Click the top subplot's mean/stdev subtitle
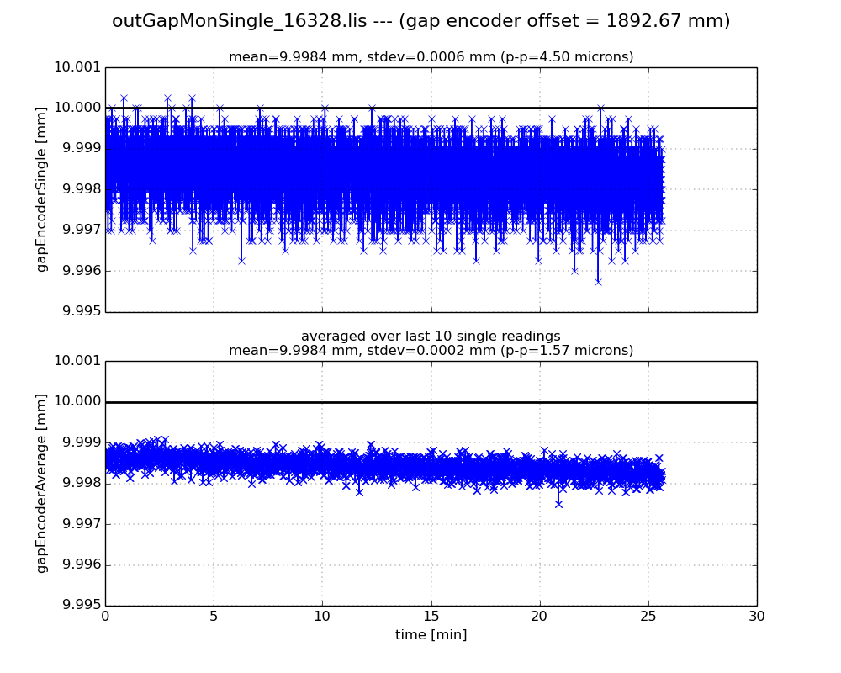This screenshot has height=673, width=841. (x=431, y=57)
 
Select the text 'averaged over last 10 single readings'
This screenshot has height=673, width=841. (x=431, y=336)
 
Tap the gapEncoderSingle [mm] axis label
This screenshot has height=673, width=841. (x=41, y=189)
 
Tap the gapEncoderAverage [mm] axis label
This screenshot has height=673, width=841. (x=41, y=483)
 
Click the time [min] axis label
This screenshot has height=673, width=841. (x=431, y=635)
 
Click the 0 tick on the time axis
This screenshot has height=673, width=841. (x=105, y=616)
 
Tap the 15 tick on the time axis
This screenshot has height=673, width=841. (x=431, y=616)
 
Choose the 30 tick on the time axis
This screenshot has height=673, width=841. (x=756, y=616)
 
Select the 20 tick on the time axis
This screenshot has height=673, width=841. (x=539, y=616)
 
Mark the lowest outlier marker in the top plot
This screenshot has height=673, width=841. (x=598, y=281)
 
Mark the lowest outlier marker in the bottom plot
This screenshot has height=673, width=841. (x=558, y=503)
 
